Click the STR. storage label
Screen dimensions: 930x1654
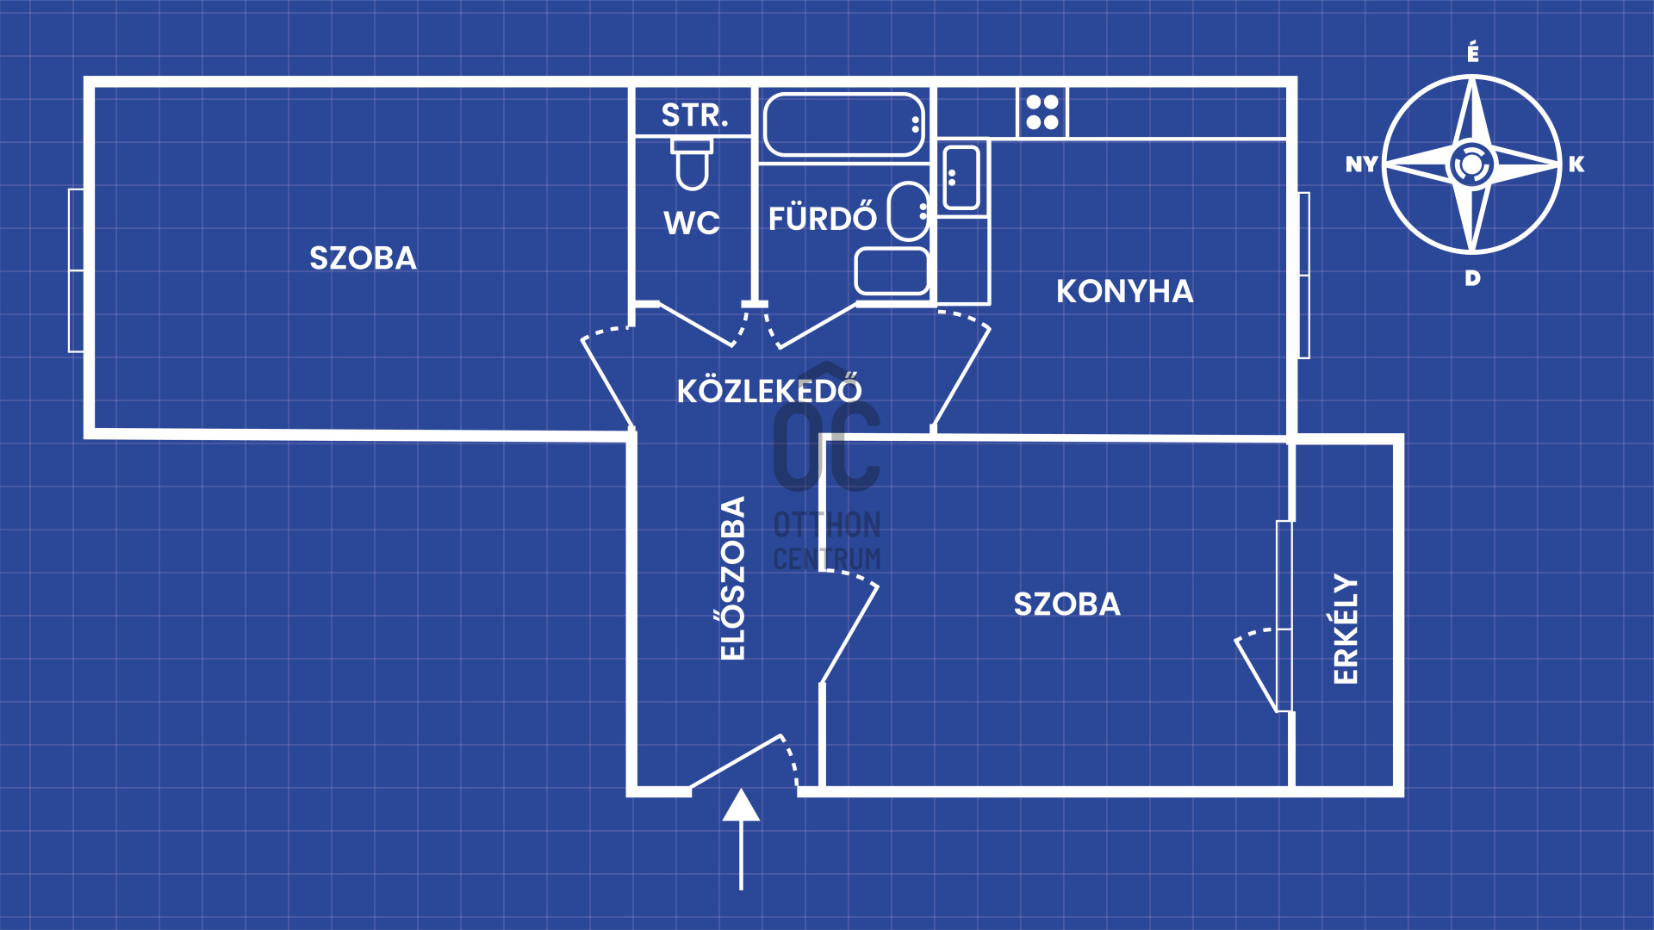694,115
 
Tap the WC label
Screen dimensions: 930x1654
692,223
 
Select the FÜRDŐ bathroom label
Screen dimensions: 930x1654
822,218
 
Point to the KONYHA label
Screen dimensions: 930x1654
1124,292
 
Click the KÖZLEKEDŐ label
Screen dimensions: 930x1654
769,391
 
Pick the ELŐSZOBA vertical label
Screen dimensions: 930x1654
733,579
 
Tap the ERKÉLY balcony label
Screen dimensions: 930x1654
1346,629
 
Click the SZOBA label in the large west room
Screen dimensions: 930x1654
363,258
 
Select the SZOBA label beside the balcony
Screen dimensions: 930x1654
1066,604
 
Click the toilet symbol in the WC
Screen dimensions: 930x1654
692,165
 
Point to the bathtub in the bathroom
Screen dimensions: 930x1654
843,125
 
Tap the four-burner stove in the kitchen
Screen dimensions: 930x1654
1042,112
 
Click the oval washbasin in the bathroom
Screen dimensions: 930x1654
908,211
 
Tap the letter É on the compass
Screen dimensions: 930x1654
1473,53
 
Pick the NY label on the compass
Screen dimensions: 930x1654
1362,164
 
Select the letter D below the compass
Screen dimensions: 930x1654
1473,278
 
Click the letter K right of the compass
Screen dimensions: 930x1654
1576,164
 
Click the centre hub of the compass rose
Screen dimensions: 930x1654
1471,164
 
